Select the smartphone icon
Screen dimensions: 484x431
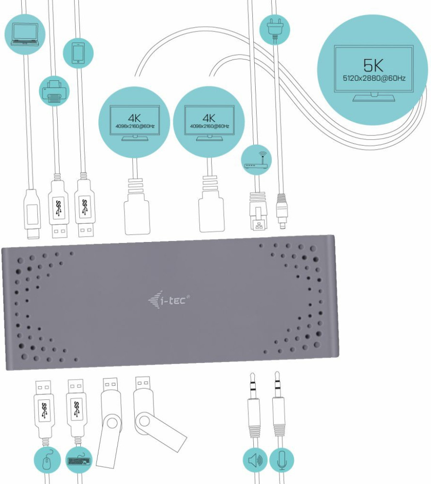tap(78, 53)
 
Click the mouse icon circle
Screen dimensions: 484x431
tap(47, 461)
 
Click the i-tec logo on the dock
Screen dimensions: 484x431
tap(169, 301)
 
